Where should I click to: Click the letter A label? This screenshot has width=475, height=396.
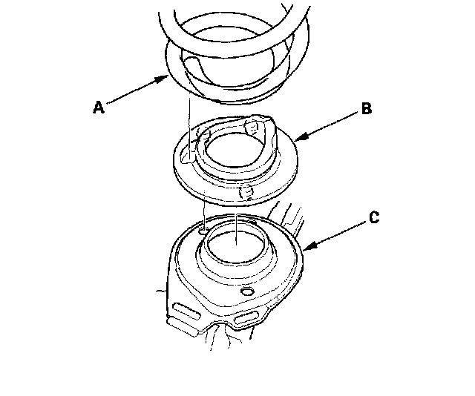tap(99, 108)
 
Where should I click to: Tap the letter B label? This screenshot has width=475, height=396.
tap(367, 108)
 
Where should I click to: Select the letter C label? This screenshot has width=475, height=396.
tap(374, 217)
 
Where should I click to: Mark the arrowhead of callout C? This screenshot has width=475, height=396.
tap(310, 245)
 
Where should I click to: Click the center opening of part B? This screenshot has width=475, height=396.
tap(232, 150)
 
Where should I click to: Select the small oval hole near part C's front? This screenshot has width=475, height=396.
tap(247, 291)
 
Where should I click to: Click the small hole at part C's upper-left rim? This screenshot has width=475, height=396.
tap(203, 231)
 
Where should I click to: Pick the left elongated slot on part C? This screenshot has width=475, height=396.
tap(186, 311)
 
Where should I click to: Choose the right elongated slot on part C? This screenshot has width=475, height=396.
tap(246, 318)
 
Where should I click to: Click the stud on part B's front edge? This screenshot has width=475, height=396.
tap(246, 192)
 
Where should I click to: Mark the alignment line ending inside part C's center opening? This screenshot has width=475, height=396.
tap(236, 229)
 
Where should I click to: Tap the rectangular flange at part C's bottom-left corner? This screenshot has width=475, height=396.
tap(182, 327)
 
